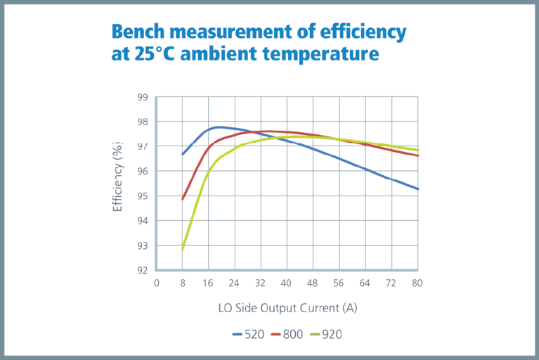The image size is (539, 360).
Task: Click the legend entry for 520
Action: click(248, 334)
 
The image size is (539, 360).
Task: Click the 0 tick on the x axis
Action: click(157, 283)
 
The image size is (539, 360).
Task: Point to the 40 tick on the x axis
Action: click(287, 283)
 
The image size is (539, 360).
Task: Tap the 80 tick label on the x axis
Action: click(417, 283)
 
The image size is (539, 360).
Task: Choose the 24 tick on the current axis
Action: click(234, 283)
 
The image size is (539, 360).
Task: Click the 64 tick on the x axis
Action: click(365, 283)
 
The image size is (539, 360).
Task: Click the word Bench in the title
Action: click(141, 32)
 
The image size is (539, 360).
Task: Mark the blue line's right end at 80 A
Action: click(418, 189)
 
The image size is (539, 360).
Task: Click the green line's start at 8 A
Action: click(183, 250)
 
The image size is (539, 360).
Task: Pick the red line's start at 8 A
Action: click(183, 199)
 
